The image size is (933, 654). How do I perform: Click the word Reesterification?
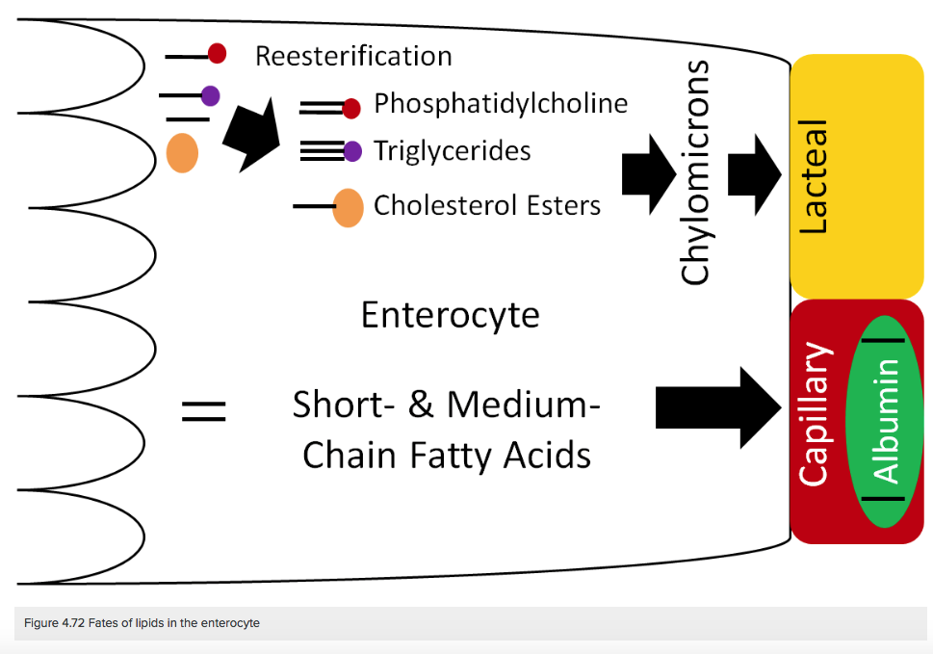pyautogui.click(x=353, y=56)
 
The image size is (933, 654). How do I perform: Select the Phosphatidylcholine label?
pyautogui.click(x=501, y=103)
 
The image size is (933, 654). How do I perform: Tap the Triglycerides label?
pyautogui.click(x=452, y=150)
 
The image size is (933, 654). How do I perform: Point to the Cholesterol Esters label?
pyautogui.click(x=487, y=205)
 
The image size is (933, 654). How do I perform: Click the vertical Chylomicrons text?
pyautogui.click(x=695, y=173)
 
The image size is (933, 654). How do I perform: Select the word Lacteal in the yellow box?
pyautogui.click(x=814, y=176)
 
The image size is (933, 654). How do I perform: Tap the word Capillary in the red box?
pyautogui.click(x=815, y=413)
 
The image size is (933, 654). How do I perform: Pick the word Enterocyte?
pyautogui.click(x=450, y=315)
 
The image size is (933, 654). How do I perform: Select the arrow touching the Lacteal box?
pyautogui.click(x=755, y=173)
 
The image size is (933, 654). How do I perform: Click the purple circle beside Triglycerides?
pyautogui.click(x=352, y=150)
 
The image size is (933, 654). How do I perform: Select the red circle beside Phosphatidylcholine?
pyautogui.click(x=351, y=108)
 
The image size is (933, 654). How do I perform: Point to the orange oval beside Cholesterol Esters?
pyautogui.click(x=348, y=207)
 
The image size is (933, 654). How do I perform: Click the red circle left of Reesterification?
pyautogui.click(x=217, y=54)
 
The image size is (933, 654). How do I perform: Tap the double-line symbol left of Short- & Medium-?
pyautogui.click(x=203, y=412)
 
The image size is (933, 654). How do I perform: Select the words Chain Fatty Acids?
pyautogui.click(x=447, y=454)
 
